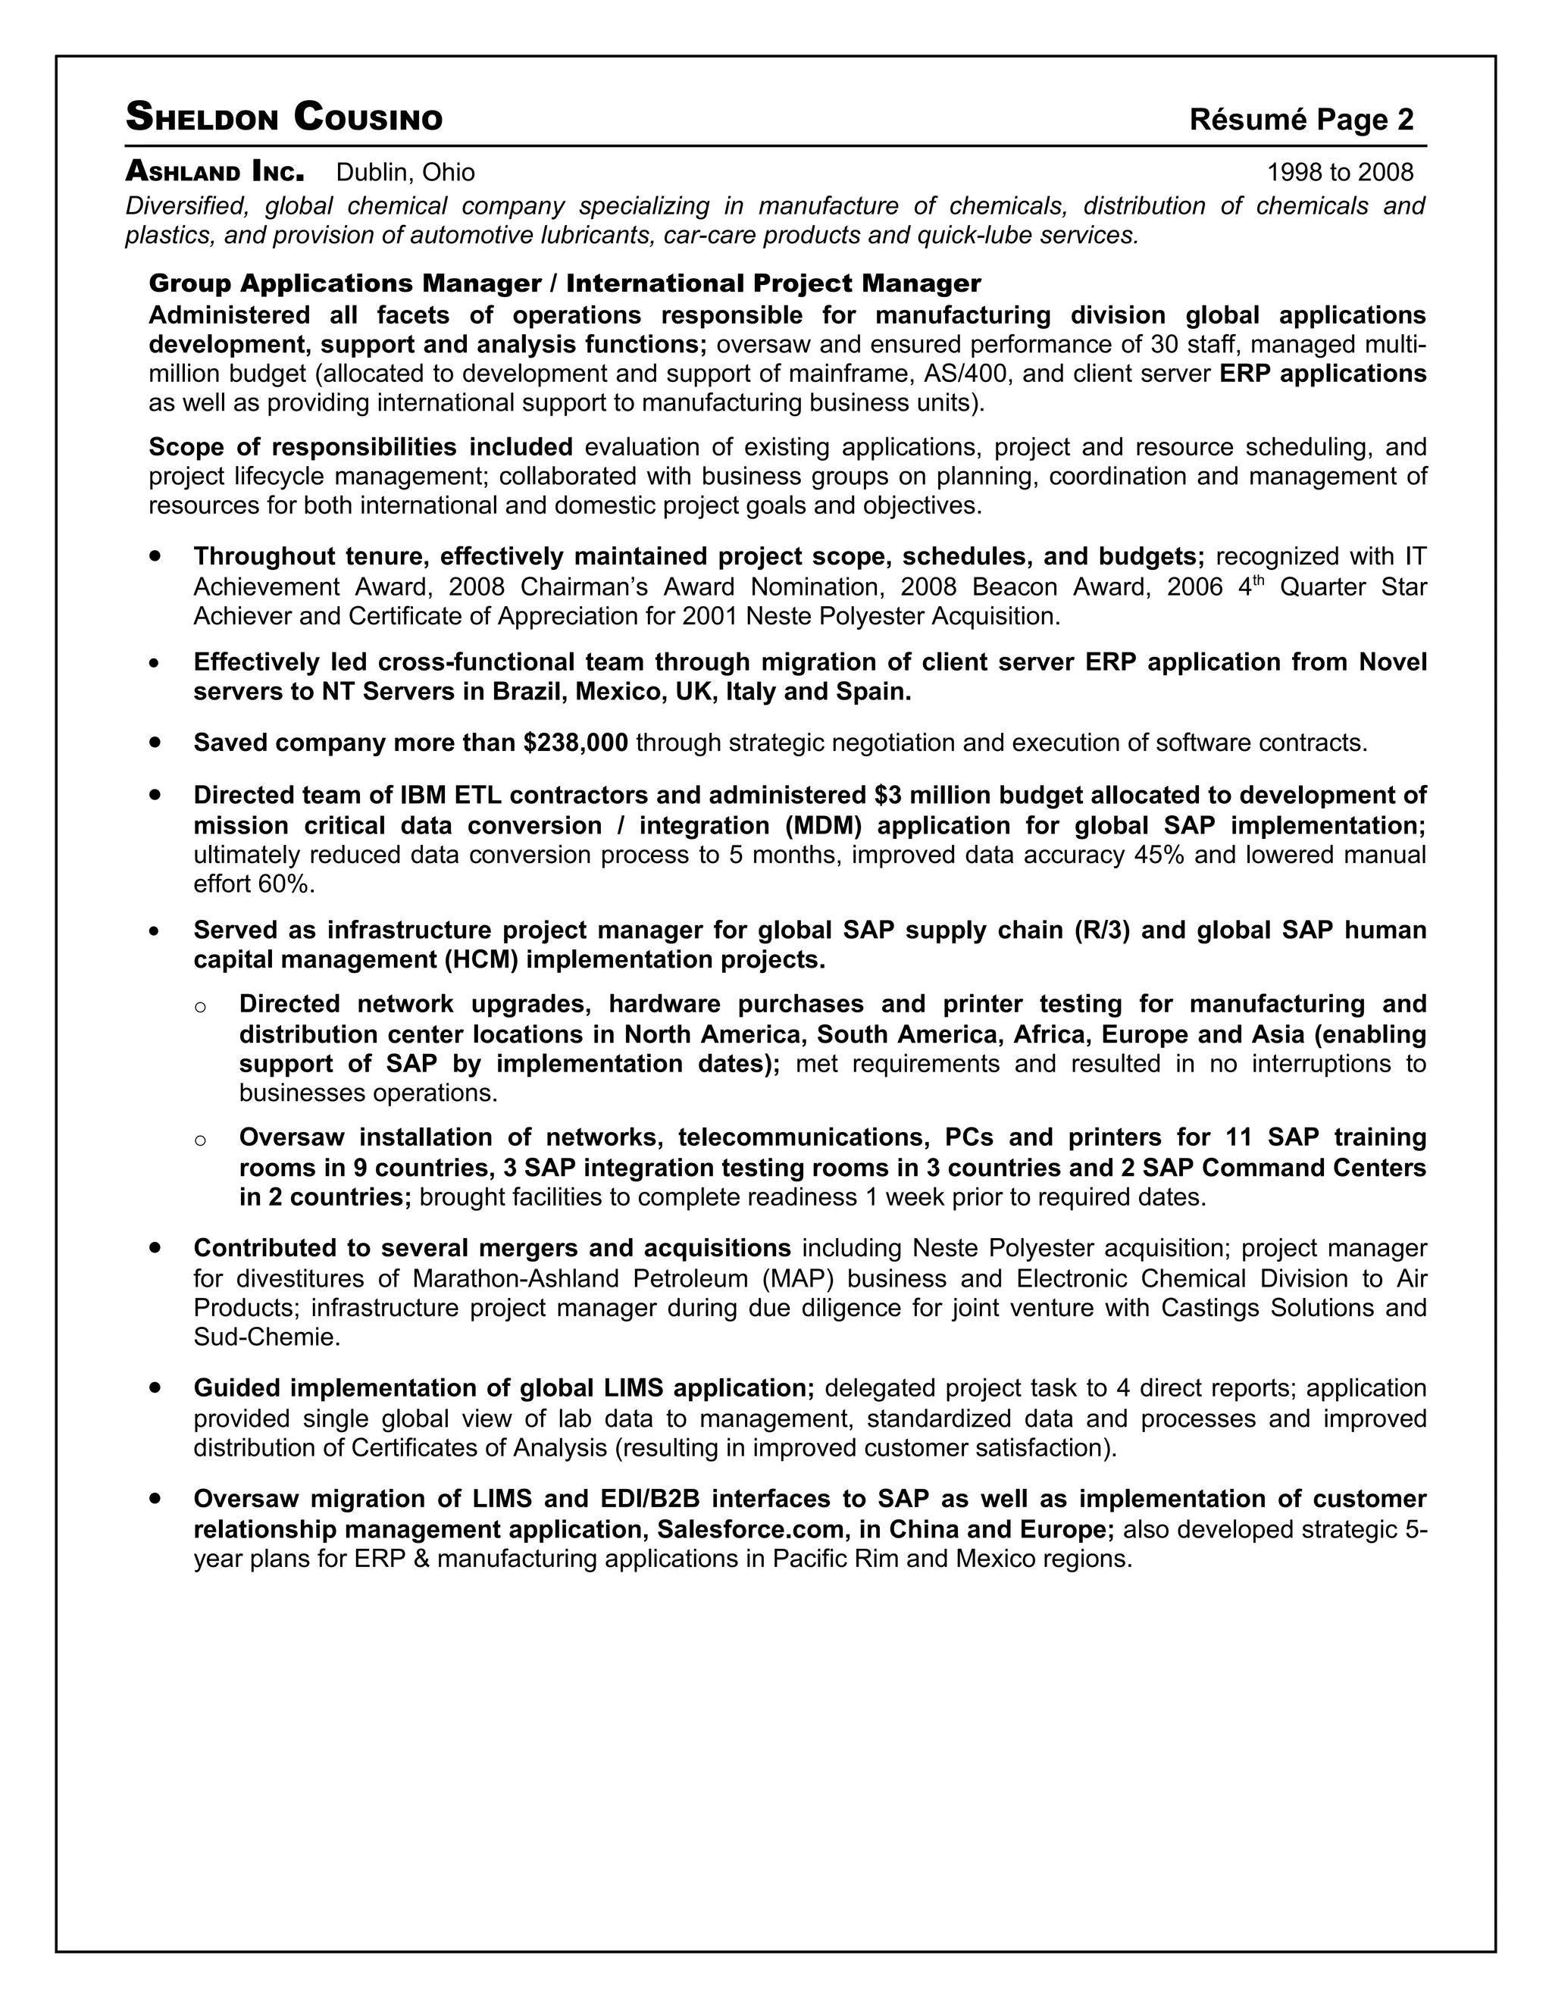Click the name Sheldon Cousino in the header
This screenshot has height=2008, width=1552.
pyautogui.click(x=283, y=117)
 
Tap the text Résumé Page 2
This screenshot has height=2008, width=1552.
pyautogui.click(x=1300, y=120)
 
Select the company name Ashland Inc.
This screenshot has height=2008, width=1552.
pyautogui.click(x=214, y=172)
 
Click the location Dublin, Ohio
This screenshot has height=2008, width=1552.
pyautogui.click(x=405, y=173)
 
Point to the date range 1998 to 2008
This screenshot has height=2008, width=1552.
pyautogui.click(x=1340, y=173)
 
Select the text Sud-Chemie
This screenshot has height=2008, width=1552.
pyautogui.click(x=266, y=1337)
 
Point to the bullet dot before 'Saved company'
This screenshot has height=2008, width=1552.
pyautogui.click(x=155, y=742)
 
